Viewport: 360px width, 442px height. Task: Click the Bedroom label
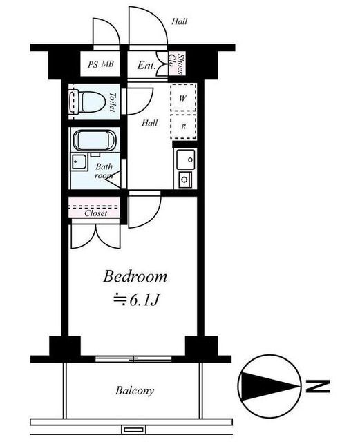pyautogui.click(x=135, y=276)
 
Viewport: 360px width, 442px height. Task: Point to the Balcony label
pyautogui.click(x=135, y=391)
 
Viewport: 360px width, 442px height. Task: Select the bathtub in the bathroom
pyautogui.click(x=95, y=141)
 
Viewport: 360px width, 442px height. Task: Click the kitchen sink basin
pyautogui.click(x=186, y=160)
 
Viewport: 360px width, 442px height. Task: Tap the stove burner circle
pyautogui.click(x=184, y=179)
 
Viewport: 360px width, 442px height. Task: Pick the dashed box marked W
pyautogui.click(x=183, y=97)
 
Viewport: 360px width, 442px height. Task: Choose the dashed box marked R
pyautogui.click(x=183, y=126)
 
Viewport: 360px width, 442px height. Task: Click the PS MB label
pyautogui.click(x=100, y=64)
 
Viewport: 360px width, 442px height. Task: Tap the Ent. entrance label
pyautogui.click(x=146, y=66)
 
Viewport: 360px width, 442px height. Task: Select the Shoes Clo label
pyautogui.click(x=176, y=64)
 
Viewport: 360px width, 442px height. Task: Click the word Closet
pyautogui.click(x=96, y=213)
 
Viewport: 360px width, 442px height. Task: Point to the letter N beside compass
pyautogui.click(x=318, y=386)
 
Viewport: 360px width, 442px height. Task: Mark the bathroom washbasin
pyautogui.click(x=79, y=162)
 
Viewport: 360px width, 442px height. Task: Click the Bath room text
pyautogui.click(x=104, y=171)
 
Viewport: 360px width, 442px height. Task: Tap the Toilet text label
pyautogui.click(x=113, y=102)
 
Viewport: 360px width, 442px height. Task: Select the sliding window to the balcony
pyautogui.click(x=133, y=359)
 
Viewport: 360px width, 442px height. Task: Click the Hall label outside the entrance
pyautogui.click(x=180, y=21)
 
